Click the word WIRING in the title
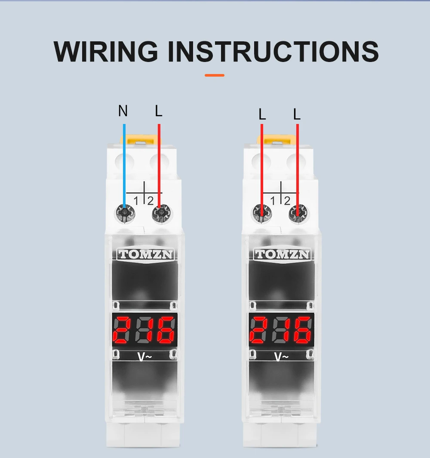pyautogui.click(x=106, y=52)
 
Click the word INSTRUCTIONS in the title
pyautogui.click(x=273, y=52)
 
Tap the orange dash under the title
pyautogui.click(x=215, y=75)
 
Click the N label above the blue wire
pyautogui.click(x=123, y=111)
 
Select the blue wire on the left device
pyautogui.click(x=124, y=164)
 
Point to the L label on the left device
pyautogui.click(x=159, y=111)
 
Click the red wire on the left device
pyautogui.click(x=159, y=164)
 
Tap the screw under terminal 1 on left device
pyautogui.click(x=124, y=213)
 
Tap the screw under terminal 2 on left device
pyautogui.click(x=160, y=213)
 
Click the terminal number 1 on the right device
pyautogui.click(x=272, y=200)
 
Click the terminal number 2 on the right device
pyautogui.click(x=287, y=200)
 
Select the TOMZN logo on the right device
pyautogui.click(x=282, y=254)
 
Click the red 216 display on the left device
pyautogui.click(x=144, y=330)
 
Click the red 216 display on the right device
pyautogui.click(x=281, y=330)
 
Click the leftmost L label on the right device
pyautogui.click(x=262, y=114)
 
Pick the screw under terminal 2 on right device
pyautogui.click(x=297, y=213)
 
